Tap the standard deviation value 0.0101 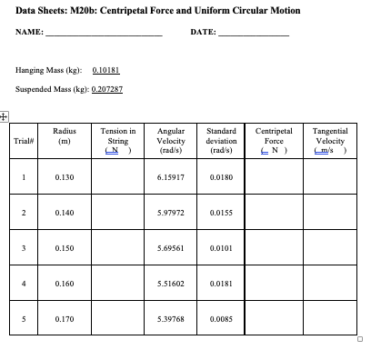pos(222,248)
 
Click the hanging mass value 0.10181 pos(106,69)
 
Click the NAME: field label pos(29,34)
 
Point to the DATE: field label pos(203,34)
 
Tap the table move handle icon pos(5,116)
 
